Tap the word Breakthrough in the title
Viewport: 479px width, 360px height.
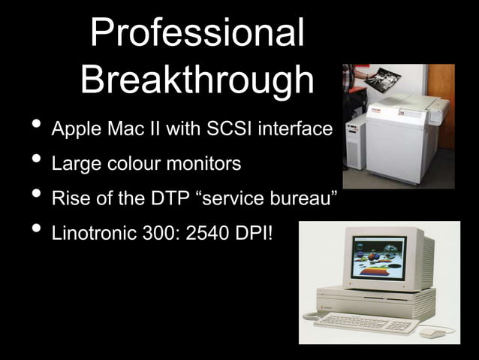(197, 79)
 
